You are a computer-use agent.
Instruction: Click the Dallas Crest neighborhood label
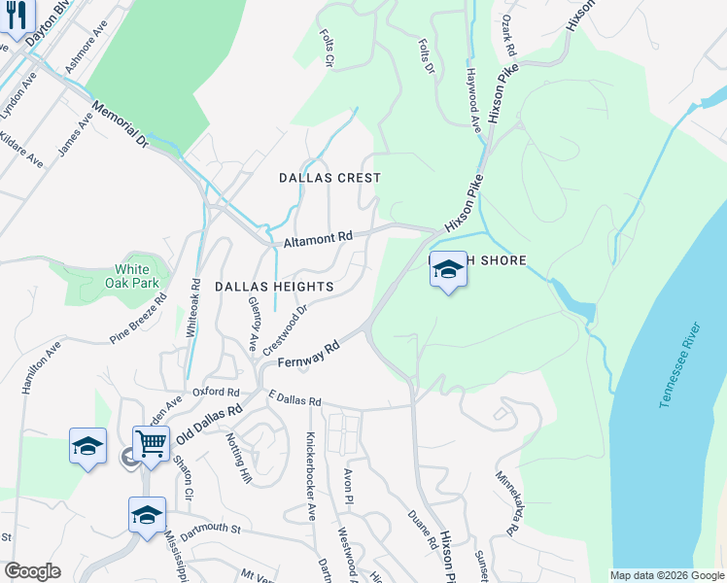point(329,178)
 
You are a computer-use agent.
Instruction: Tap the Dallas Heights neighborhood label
point(273,287)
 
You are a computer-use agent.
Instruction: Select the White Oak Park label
point(132,276)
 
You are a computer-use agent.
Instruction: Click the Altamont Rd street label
point(317,239)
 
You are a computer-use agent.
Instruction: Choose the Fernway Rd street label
point(307,353)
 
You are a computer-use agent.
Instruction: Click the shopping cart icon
point(151,444)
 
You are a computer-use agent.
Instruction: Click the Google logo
point(33,571)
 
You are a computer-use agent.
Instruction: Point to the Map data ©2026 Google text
point(666,575)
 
